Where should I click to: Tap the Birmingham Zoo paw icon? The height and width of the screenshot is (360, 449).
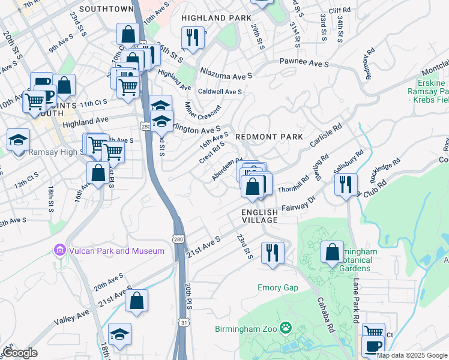pos(286,328)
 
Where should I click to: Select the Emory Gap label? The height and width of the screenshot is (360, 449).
pos(278,288)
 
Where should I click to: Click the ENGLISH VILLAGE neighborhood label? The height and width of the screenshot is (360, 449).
pos(259,217)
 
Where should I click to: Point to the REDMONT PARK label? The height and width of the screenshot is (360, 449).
pos(268,137)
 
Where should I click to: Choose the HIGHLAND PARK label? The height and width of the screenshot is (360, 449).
pos(216,18)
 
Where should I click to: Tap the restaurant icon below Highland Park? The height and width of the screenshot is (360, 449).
pos(193,37)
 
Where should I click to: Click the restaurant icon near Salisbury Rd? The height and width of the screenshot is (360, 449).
pos(346,184)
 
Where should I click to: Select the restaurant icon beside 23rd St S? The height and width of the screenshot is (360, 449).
pos(273,252)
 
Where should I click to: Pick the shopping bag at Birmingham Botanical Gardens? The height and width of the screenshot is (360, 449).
pos(332,252)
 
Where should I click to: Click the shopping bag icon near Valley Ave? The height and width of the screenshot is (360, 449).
pos(136,299)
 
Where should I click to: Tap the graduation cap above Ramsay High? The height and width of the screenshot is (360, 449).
pos(18,140)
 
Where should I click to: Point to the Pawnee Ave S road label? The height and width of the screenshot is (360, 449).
pos(304,63)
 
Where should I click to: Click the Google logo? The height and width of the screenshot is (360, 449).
pos(20,353)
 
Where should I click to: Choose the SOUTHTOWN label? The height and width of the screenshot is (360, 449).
pos(106,9)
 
